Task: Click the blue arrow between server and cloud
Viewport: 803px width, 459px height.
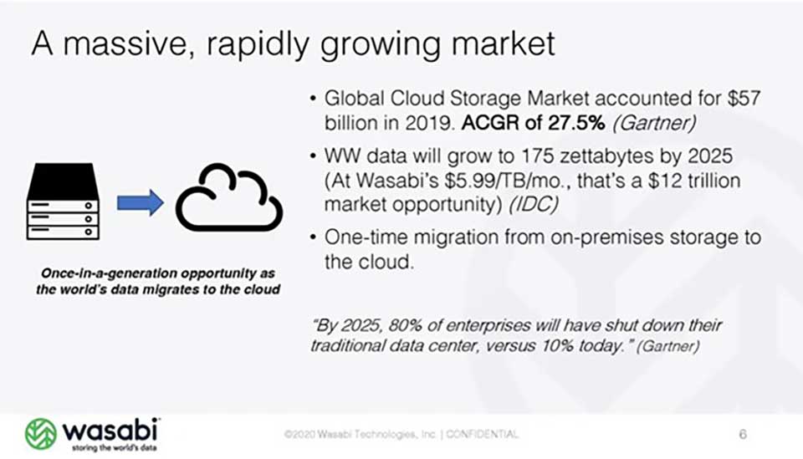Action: (141, 202)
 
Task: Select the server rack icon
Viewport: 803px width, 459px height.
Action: (63, 201)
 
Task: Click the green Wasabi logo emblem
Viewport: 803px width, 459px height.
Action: (40, 434)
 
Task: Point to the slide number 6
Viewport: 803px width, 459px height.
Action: (743, 435)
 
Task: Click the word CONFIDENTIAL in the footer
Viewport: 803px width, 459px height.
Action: (482, 435)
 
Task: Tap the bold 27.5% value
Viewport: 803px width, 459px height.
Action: (576, 123)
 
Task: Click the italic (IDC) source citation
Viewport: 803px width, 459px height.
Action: (533, 205)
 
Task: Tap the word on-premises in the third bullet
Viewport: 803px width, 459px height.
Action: (581, 238)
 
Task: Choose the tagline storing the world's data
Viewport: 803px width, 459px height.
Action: (115, 448)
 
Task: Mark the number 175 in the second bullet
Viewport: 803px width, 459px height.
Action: (537, 156)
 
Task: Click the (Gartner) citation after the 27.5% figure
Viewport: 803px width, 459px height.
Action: (654, 123)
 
